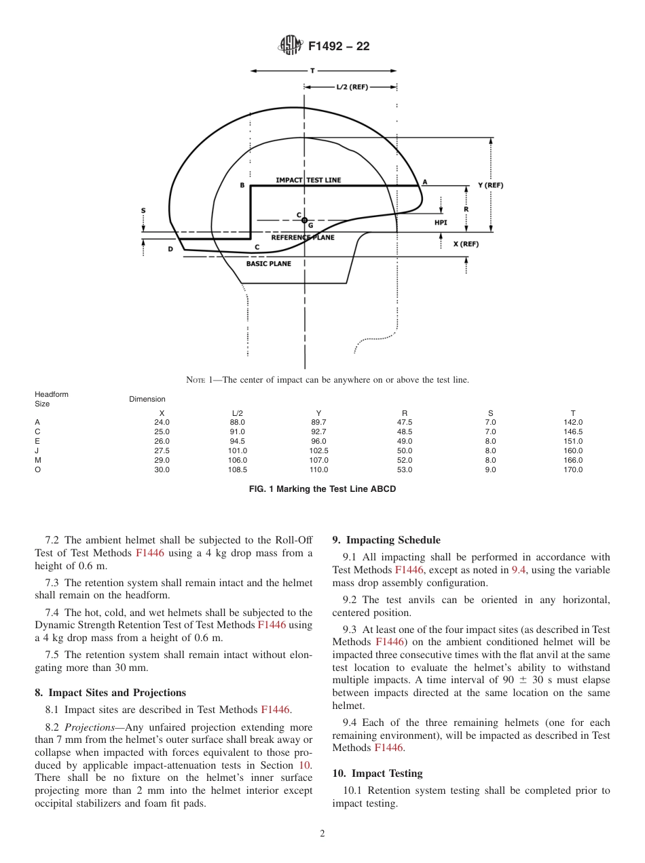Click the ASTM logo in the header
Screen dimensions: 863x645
click(291, 46)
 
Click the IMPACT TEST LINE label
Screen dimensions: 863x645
click(308, 180)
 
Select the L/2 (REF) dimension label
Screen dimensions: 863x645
click(352, 87)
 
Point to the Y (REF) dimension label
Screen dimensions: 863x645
click(490, 185)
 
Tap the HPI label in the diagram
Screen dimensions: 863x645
click(441, 222)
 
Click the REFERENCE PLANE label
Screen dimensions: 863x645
click(303, 237)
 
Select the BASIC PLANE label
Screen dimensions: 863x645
click(268, 263)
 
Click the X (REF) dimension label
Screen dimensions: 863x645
click(466, 244)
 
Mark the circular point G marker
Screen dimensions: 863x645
click(304, 220)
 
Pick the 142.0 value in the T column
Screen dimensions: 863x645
click(573, 422)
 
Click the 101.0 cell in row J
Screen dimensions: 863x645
click(238, 450)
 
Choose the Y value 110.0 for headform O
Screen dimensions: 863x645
click(318, 469)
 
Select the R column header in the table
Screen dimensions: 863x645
click(405, 413)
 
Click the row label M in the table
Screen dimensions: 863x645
click(37, 460)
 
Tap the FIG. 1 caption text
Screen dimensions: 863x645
click(322, 488)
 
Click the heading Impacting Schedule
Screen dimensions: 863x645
click(386, 540)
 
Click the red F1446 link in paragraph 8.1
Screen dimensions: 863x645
click(275, 710)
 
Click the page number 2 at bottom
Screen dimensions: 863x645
click(322, 834)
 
